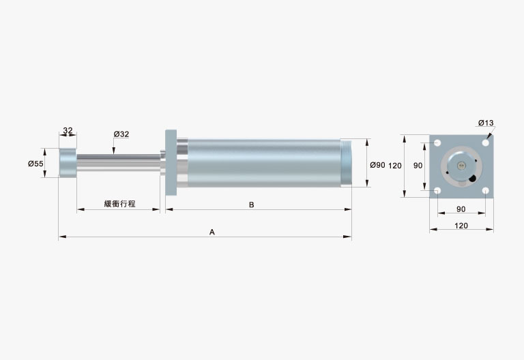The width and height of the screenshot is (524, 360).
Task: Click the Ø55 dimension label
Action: tap(35, 164)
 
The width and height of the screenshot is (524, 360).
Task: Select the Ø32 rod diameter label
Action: tap(121, 134)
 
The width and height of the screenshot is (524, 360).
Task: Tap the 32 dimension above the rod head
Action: tap(68, 130)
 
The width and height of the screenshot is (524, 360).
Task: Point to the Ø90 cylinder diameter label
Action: tap(377, 165)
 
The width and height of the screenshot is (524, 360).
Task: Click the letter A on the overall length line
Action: tap(212, 232)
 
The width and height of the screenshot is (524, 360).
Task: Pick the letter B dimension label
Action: tap(252, 205)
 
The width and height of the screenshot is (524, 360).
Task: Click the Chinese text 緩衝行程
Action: tap(119, 204)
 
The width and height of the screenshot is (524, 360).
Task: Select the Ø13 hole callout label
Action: tap(486, 123)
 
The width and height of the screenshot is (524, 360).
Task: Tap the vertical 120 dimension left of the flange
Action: tap(395, 166)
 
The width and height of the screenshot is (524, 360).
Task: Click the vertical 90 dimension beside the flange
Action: tap(418, 166)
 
